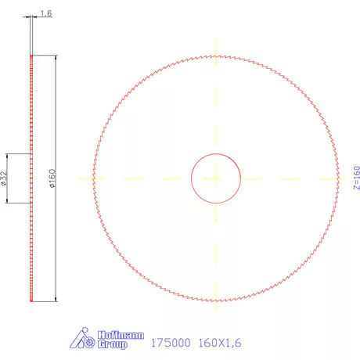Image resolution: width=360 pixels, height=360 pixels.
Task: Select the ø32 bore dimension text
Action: click(5, 178)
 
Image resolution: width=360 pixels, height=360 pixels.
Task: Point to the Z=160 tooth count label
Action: click(356, 178)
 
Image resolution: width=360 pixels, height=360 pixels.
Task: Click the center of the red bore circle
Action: click(216, 178)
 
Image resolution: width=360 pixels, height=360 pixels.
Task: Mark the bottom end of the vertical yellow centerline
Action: click(216, 320)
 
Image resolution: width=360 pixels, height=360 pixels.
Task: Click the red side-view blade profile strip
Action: click(31, 235)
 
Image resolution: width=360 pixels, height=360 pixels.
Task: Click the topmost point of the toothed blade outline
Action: click(216, 54)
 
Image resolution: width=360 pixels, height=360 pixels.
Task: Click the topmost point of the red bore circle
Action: click(216, 153)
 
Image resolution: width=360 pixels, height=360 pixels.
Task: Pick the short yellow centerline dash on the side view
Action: click(31, 178)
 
